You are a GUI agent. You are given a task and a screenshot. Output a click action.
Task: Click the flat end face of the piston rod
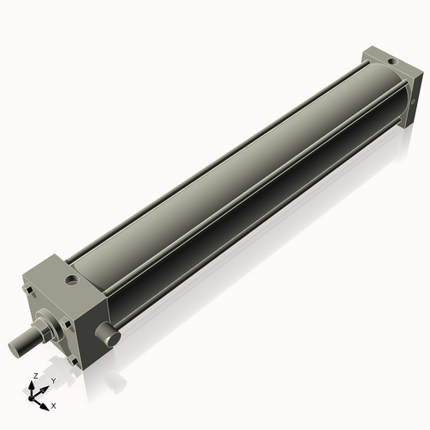[x=16, y=349]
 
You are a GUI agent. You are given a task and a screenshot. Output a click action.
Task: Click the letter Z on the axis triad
[x=34, y=376]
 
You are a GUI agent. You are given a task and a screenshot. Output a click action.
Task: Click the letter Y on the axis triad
[x=53, y=380]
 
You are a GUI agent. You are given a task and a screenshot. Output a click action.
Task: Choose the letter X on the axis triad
[x=53, y=404]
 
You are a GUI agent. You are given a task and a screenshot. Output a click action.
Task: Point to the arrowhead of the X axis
[x=45, y=402]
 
